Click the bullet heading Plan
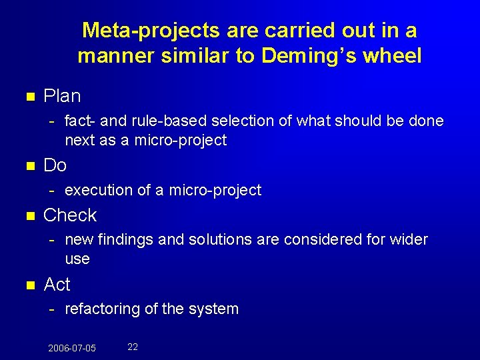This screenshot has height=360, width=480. tap(62, 96)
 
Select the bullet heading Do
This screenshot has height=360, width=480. tap(55, 165)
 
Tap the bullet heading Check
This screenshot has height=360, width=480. tap(70, 215)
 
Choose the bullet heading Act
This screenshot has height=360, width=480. tap(57, 285)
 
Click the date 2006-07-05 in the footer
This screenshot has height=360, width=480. tap(72, 348)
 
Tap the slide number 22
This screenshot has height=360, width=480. tap(133, 347)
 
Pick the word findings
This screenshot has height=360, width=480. tap(125, 239)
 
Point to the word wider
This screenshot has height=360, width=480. tap(408, 239)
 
